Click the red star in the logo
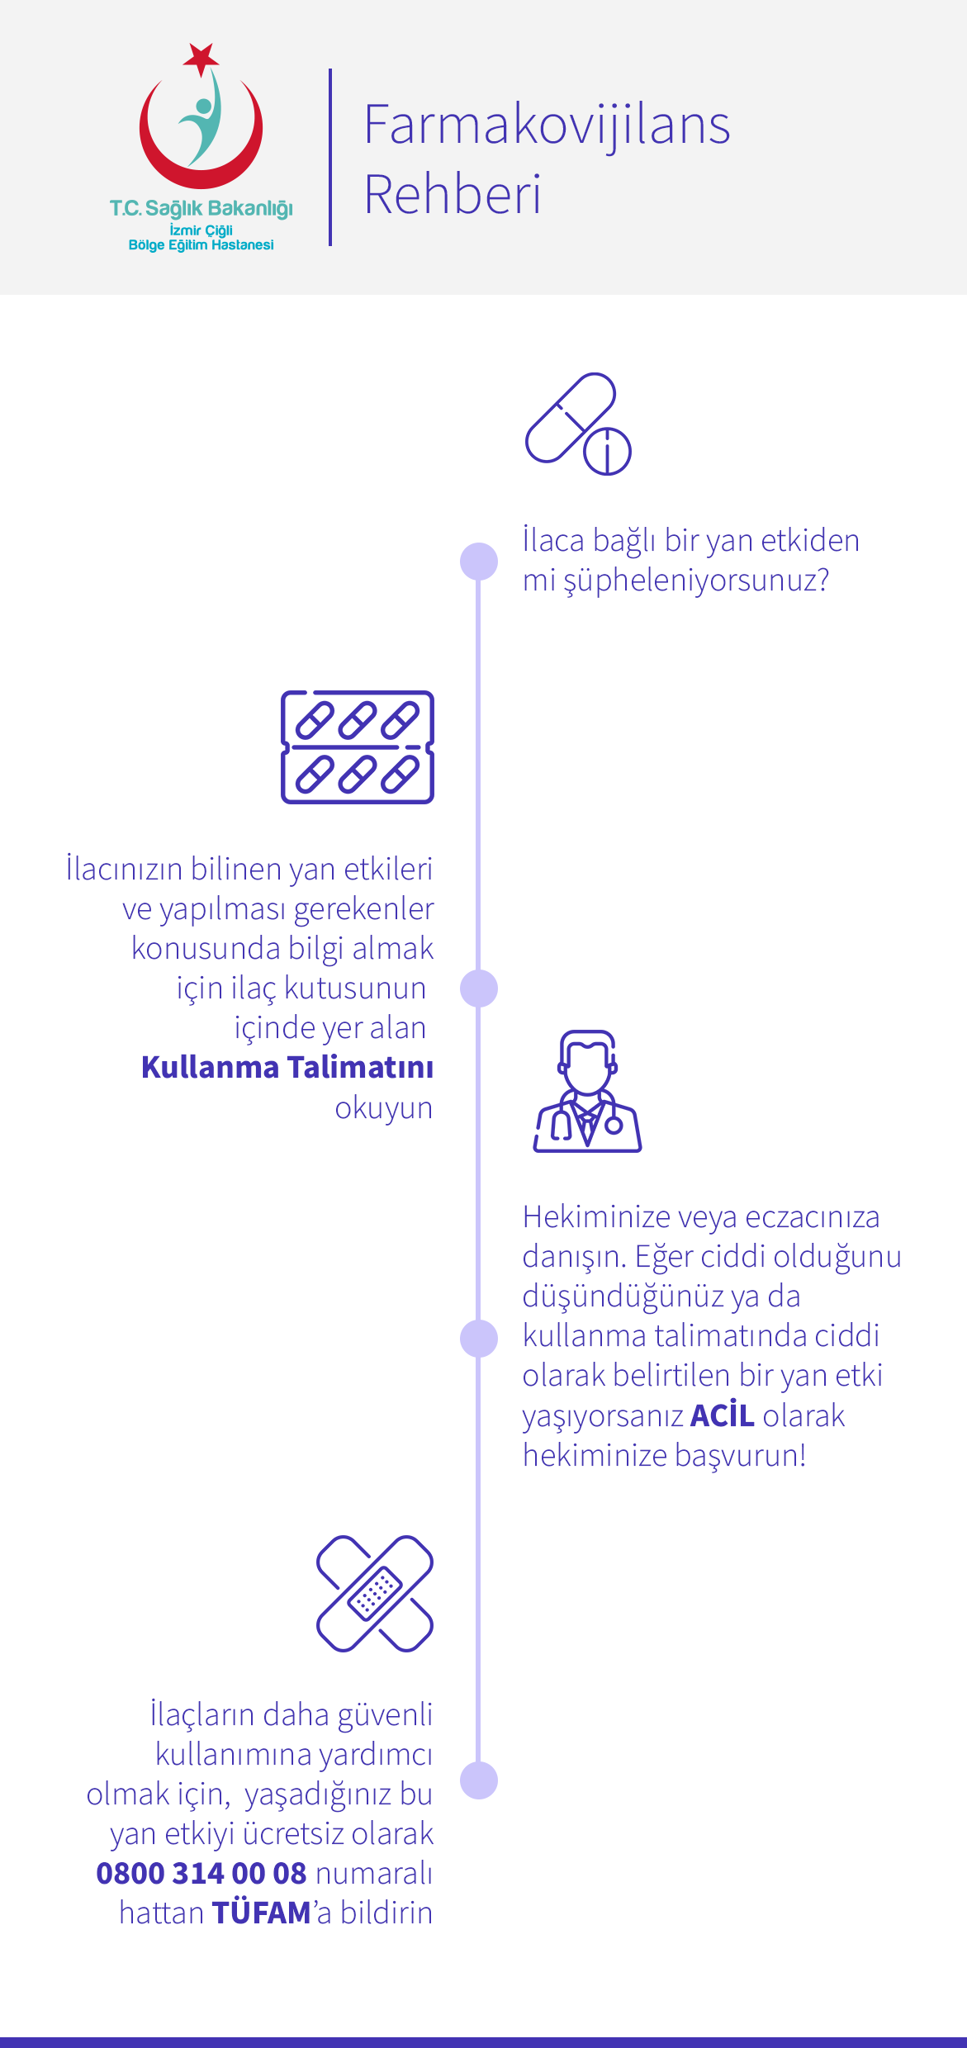pyautogui.click(x=201, y=58)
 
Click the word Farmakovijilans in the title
pyautogui.click(x=547, y=126)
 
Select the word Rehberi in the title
pyautogui.click(x=453, y=195)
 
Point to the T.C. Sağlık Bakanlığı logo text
pyautogui.click(x=201, y=208)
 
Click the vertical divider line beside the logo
pyautogui.click(x=330, y=157)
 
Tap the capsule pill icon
pyautogui.click(x=577, y=424)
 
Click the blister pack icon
pyautogui.click(x=358, y=747)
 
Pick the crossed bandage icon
pyautogui.click(x=375, y=1593)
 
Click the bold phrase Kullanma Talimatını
pyautogui.click(x=287, y=1067)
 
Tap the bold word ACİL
pyautogui.click(x=723, y=1415)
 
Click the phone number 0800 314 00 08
pyautogui.click(x=201, y=1873)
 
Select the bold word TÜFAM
pyautogui.click(x=262, y=1913)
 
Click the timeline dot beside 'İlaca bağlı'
pyautogui.click(x=479, y=562)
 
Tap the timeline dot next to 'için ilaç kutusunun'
pyautogui.click(x=479, y=988)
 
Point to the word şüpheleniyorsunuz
pyautogui.click(x=696, y=581)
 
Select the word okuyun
pyautogui.click(x=383, y=1107)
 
